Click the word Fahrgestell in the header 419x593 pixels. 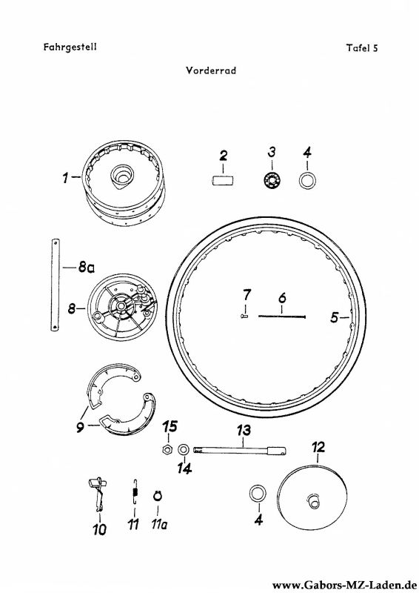coord(70,47)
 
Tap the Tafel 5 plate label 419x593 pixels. coord(362,48)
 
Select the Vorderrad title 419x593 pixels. coord(211,70)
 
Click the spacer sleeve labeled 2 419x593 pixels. coord(222,179)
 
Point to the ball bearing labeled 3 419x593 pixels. coord(272,180)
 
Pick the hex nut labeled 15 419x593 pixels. coord(167,450)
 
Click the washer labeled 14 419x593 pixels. coord(184,450)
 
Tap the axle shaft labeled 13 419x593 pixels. coord(240,450)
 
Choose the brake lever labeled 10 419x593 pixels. coord(98,493)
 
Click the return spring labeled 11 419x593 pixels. coord(135,491)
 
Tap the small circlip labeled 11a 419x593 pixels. coord(158,495)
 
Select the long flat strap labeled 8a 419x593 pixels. coord(56,285)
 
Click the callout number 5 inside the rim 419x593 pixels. coord(334,317)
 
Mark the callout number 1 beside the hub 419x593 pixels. coord(66,177)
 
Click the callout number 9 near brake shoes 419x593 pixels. coord(80,428)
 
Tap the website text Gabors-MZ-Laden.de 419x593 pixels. coord(344,586)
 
